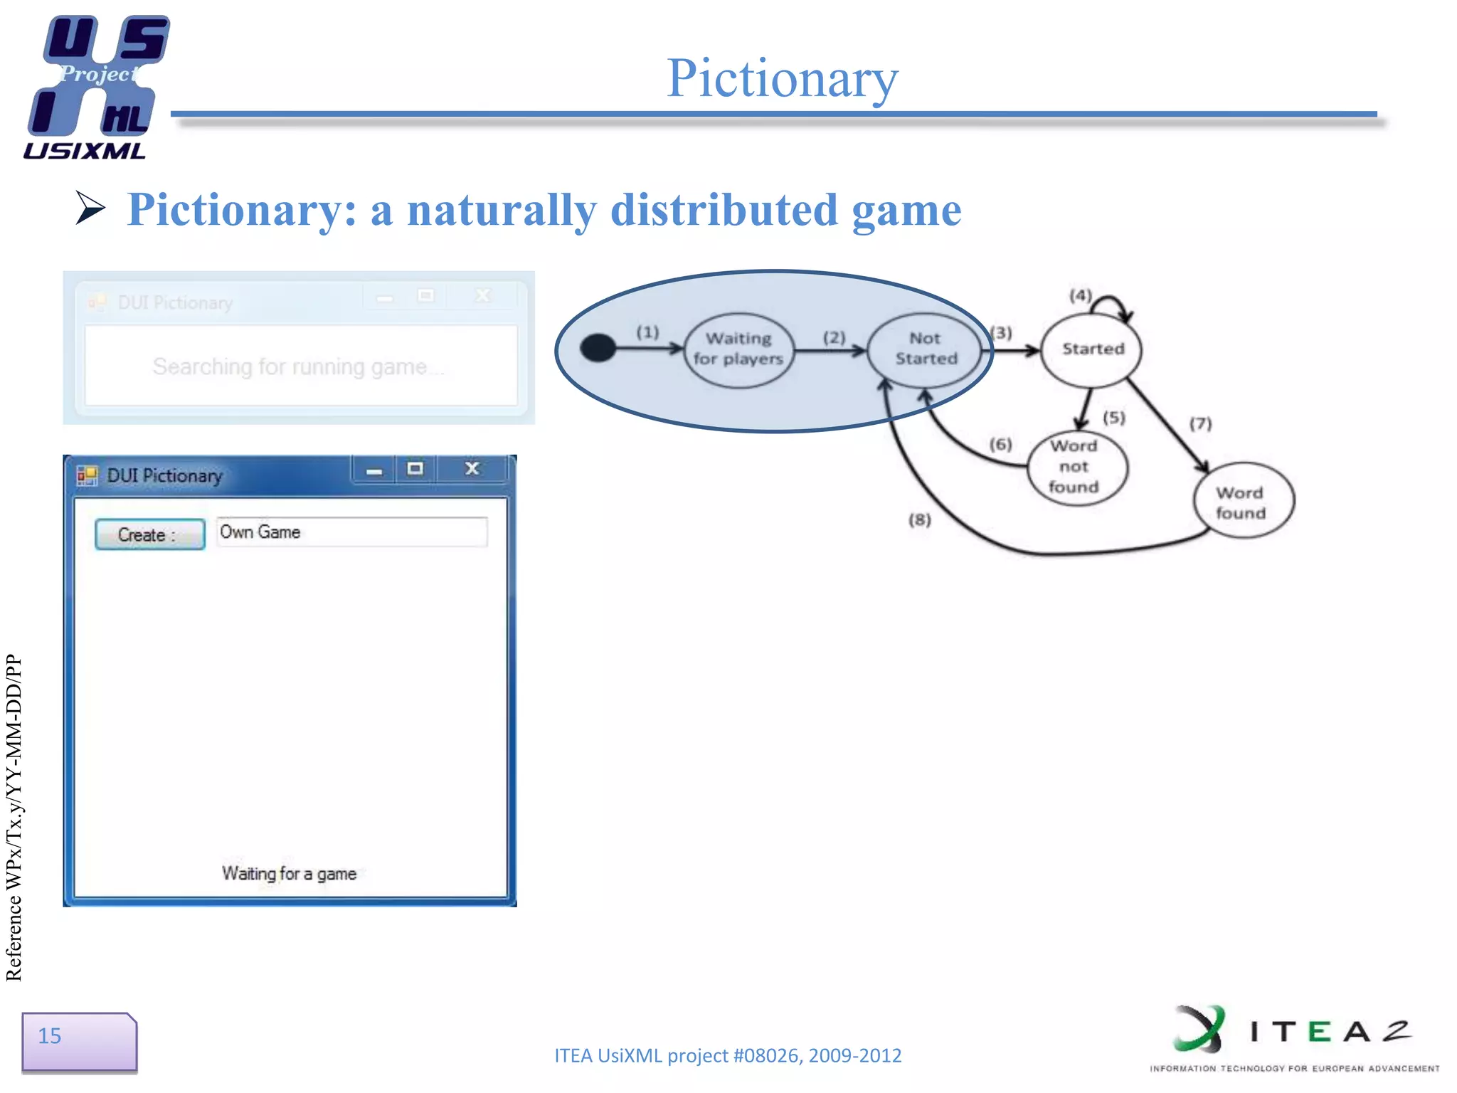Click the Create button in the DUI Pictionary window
(149, 534)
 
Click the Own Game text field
(351, 532)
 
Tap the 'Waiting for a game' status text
(289, 873)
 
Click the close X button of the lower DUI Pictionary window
(472, 469)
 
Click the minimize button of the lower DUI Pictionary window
(374, 470)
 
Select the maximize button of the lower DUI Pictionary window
(415, 469)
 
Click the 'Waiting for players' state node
(738, 349)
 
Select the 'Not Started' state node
(926, 349)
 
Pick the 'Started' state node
(1092, 349)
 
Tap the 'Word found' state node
(1241, 502)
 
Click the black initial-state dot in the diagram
(598, 348)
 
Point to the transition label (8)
(919, 520)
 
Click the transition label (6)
(1000, 445)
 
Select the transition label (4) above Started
(1079, 295)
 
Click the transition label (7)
(1200, 424)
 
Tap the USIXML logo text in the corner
(85, 151)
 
